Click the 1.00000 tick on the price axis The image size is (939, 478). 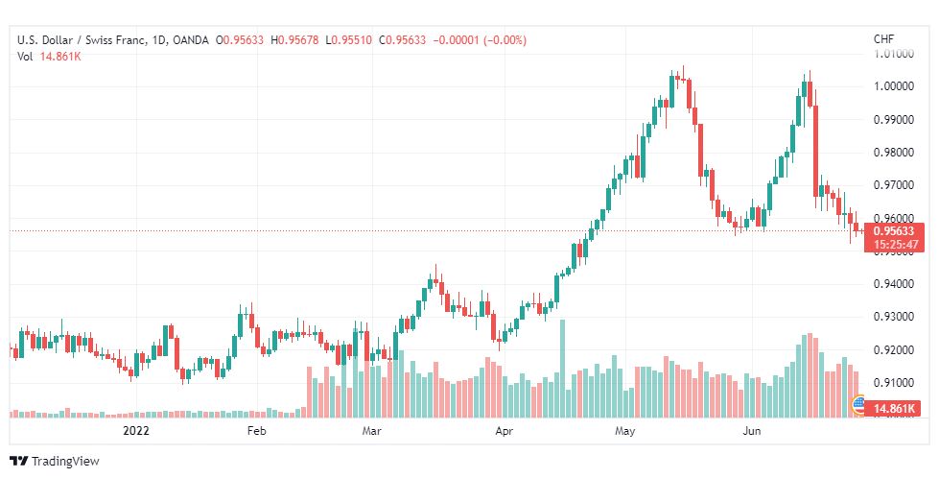pos(894,86)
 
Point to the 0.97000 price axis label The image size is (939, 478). pos(894,185)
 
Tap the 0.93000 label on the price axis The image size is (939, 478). pos(894,317)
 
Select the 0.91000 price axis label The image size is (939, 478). pos(894,383)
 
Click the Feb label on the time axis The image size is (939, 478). pos(256,431)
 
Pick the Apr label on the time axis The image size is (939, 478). pos(505,431)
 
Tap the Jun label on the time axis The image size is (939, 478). pos(752,431)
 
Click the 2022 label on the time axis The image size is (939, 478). pos(135,431)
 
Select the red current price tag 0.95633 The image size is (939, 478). pos(894,231)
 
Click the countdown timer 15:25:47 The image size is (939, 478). pos(895,245)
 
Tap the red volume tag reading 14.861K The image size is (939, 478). pos(894,409)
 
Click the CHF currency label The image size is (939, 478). pos(884,39)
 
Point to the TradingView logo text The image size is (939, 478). pos(65,462)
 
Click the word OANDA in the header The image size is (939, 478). pos(191,40)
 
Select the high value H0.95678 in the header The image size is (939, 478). pos(294,40)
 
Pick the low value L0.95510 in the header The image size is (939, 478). pos(348,40)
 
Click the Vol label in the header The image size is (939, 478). pos(26,57)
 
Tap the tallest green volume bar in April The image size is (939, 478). pos(562,369)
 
